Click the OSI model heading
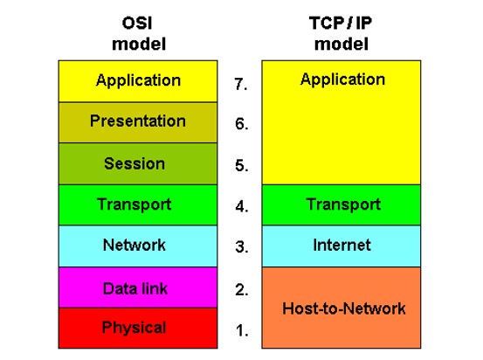139,33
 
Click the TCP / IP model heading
341,33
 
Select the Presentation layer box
138,122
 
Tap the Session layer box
138,163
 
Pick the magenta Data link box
138,287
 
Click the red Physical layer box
138,329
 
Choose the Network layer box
138,246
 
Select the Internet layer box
342,246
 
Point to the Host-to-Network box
342,308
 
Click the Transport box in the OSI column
138,205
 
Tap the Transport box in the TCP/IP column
342,205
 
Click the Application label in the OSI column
138,80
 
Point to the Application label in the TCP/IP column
343,80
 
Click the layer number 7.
241,84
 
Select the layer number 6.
241,124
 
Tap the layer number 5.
241,165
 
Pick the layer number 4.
242,206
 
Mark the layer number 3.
242,247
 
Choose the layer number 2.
241,290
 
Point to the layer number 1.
242,330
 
